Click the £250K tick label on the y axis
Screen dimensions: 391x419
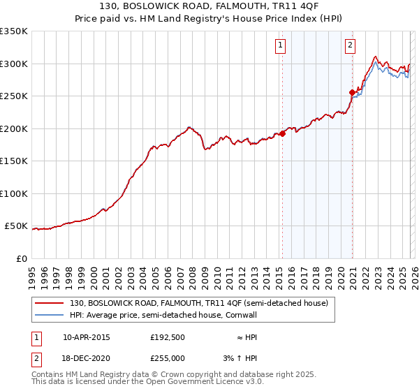14,96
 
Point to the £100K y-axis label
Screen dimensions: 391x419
14,193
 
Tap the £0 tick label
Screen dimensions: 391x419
22,258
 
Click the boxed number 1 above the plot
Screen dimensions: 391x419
280,46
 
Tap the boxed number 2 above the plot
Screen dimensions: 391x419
349,46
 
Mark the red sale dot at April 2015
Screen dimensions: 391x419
282,134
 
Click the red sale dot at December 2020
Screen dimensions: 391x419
352,92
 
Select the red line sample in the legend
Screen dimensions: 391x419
49,303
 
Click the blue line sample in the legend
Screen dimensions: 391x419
49,315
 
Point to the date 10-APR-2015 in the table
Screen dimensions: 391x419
86,337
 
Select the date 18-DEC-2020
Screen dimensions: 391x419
86,359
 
